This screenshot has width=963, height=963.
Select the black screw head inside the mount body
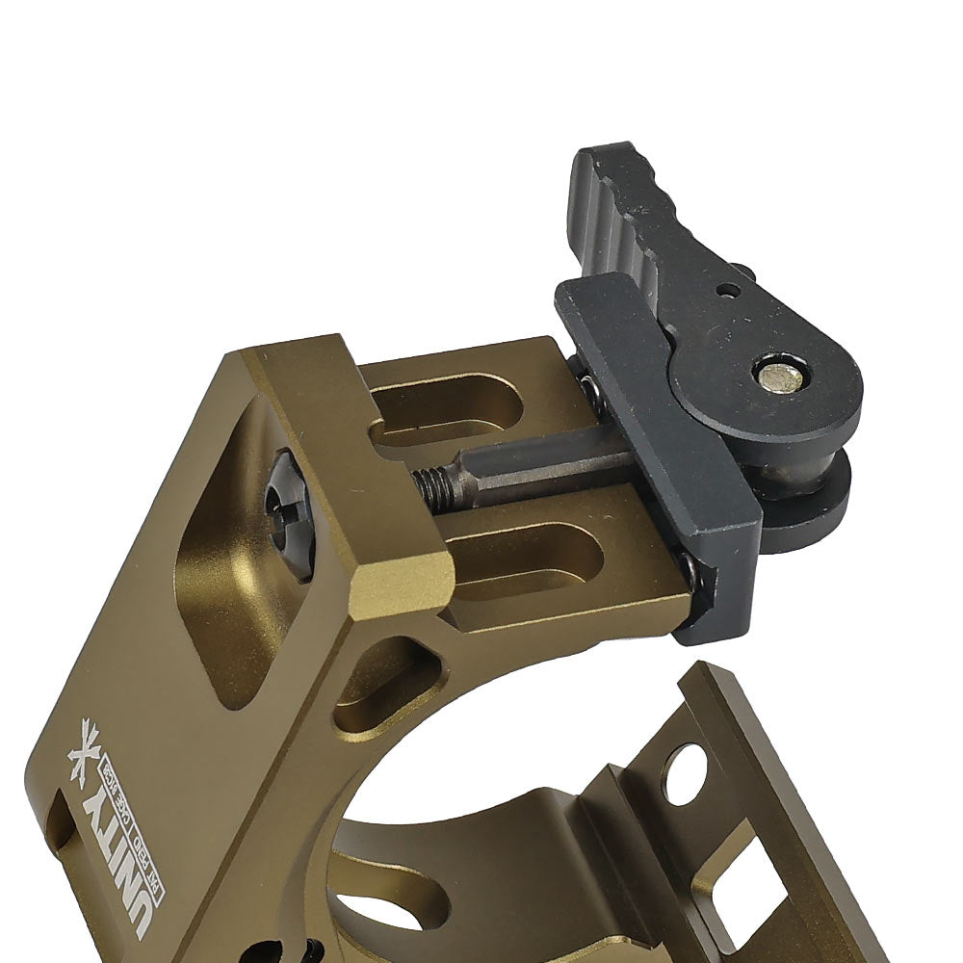click(288, 516)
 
